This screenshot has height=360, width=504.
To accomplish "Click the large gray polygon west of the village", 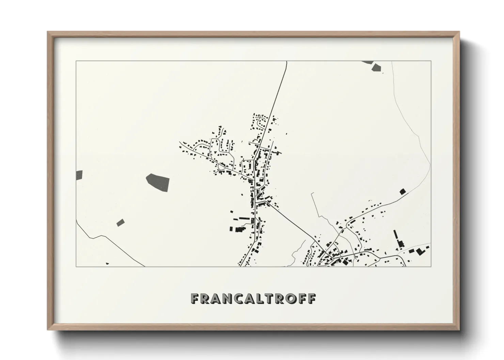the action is (158, 181).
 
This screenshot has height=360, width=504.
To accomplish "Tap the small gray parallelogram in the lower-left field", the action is (121, 223).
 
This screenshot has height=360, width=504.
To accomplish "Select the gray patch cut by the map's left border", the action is (79, 175).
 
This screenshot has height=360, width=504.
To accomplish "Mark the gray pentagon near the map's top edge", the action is (376, 67).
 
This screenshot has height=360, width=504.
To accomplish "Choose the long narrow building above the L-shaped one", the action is (396, 235).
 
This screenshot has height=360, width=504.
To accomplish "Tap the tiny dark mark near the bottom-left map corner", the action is (107, 263).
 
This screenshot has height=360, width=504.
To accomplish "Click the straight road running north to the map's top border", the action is (279, 92).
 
